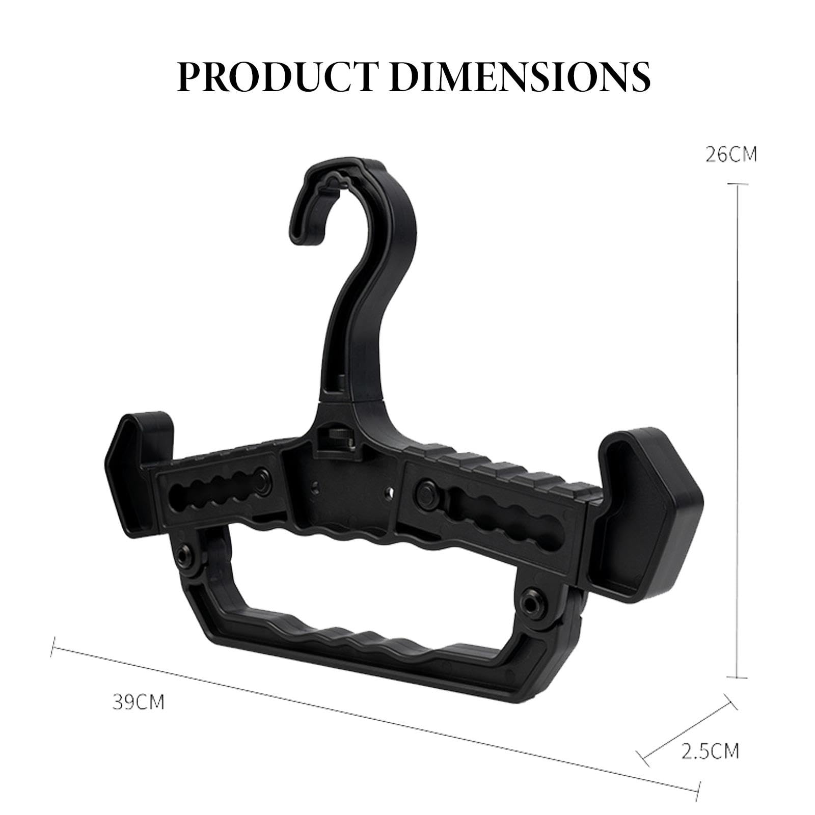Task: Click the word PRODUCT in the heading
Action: pos(281,76)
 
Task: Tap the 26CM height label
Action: pos(731,154)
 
